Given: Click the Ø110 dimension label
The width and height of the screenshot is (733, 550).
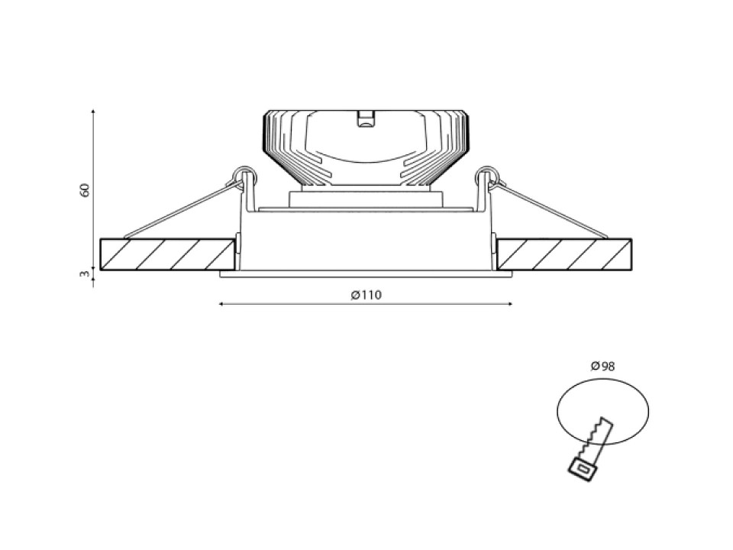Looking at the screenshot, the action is (x=366, y=295).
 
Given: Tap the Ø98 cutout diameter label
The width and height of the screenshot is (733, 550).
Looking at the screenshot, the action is (x=602, y=366).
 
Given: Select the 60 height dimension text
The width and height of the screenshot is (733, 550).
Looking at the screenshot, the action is (x=85, y=190).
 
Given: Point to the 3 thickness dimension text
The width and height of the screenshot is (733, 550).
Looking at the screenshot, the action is (x=85, y=274).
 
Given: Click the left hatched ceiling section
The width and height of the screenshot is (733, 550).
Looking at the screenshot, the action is (x=167, y=254).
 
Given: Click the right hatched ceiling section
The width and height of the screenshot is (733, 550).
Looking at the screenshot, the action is (x=565, y=254).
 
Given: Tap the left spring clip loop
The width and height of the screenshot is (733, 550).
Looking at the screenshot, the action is (x=244, y=175).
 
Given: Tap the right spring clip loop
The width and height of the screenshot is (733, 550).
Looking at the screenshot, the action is (x=487, y=175).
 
